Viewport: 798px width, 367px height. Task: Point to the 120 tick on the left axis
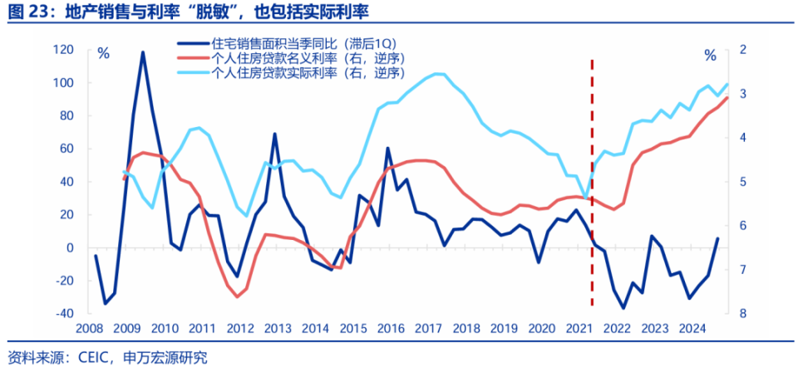tap(63, 51)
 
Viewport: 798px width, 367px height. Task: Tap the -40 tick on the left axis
tap(62, 314)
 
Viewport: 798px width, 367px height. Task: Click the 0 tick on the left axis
tap(70, 248)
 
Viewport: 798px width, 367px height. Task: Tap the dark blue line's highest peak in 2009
tap(142, 52)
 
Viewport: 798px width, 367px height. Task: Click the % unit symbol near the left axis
tap(103, 54)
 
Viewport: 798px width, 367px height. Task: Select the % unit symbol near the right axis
tap(709, 55)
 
